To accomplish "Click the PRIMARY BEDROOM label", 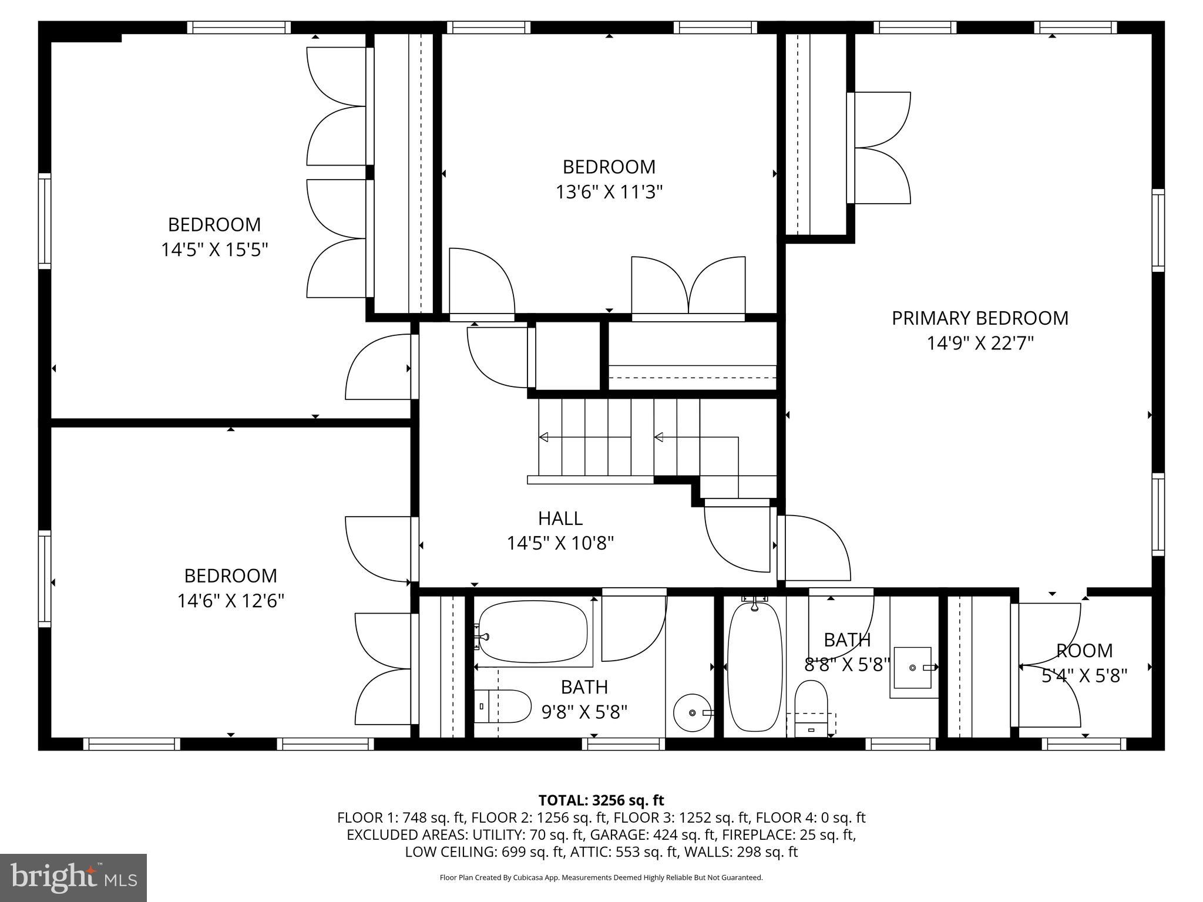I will [980, 318].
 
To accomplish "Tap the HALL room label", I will [560, 519].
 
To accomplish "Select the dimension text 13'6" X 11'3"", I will [609, 192].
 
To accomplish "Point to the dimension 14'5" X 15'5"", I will [214, 250].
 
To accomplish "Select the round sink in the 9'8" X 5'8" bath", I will [692, 712].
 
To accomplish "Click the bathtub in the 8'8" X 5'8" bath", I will [755, 668].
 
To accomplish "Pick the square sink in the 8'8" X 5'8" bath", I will [913, 668].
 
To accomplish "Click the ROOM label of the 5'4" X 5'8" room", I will [1084, 651].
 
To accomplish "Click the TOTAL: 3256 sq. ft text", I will [601, 800].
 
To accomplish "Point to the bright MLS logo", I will [73, 878].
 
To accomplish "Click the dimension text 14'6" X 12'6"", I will [231, 601].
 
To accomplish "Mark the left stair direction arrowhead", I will [544, 437].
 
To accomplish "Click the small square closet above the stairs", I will [567, 355].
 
